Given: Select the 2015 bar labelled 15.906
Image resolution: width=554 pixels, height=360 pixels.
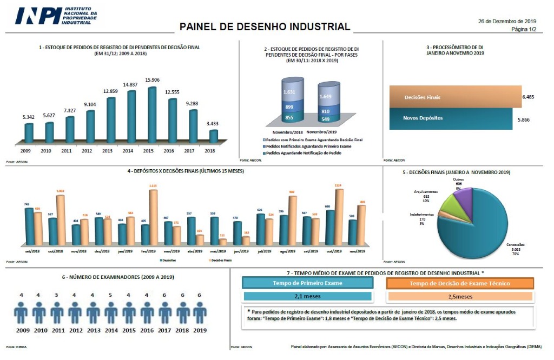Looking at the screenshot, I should pyautogui.click(x=152, y=115).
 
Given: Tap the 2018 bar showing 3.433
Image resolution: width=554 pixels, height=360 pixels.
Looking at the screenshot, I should pyautogui.click(x=214, y=136).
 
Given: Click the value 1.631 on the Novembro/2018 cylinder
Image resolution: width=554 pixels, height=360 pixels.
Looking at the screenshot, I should pyautogui.click(x=289, y=92).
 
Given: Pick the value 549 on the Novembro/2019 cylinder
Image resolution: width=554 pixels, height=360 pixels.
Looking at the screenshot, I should pyautogui.click(x=325, y=119).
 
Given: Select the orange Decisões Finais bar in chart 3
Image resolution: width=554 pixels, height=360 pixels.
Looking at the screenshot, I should pyautogui.click(x=455, y=97).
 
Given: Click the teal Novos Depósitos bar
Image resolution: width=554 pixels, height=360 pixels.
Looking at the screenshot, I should pyautogui.click(x=451, y=118).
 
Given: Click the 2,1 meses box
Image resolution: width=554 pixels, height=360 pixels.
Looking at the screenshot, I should pyautogui.click(x=307, y=296).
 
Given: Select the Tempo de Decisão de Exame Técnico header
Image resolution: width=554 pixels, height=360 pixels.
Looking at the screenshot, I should pyautogui.click(x=460, y=283).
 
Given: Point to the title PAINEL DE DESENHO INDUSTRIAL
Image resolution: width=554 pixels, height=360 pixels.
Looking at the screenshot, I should pyautogui.click(x=265, y=26).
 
